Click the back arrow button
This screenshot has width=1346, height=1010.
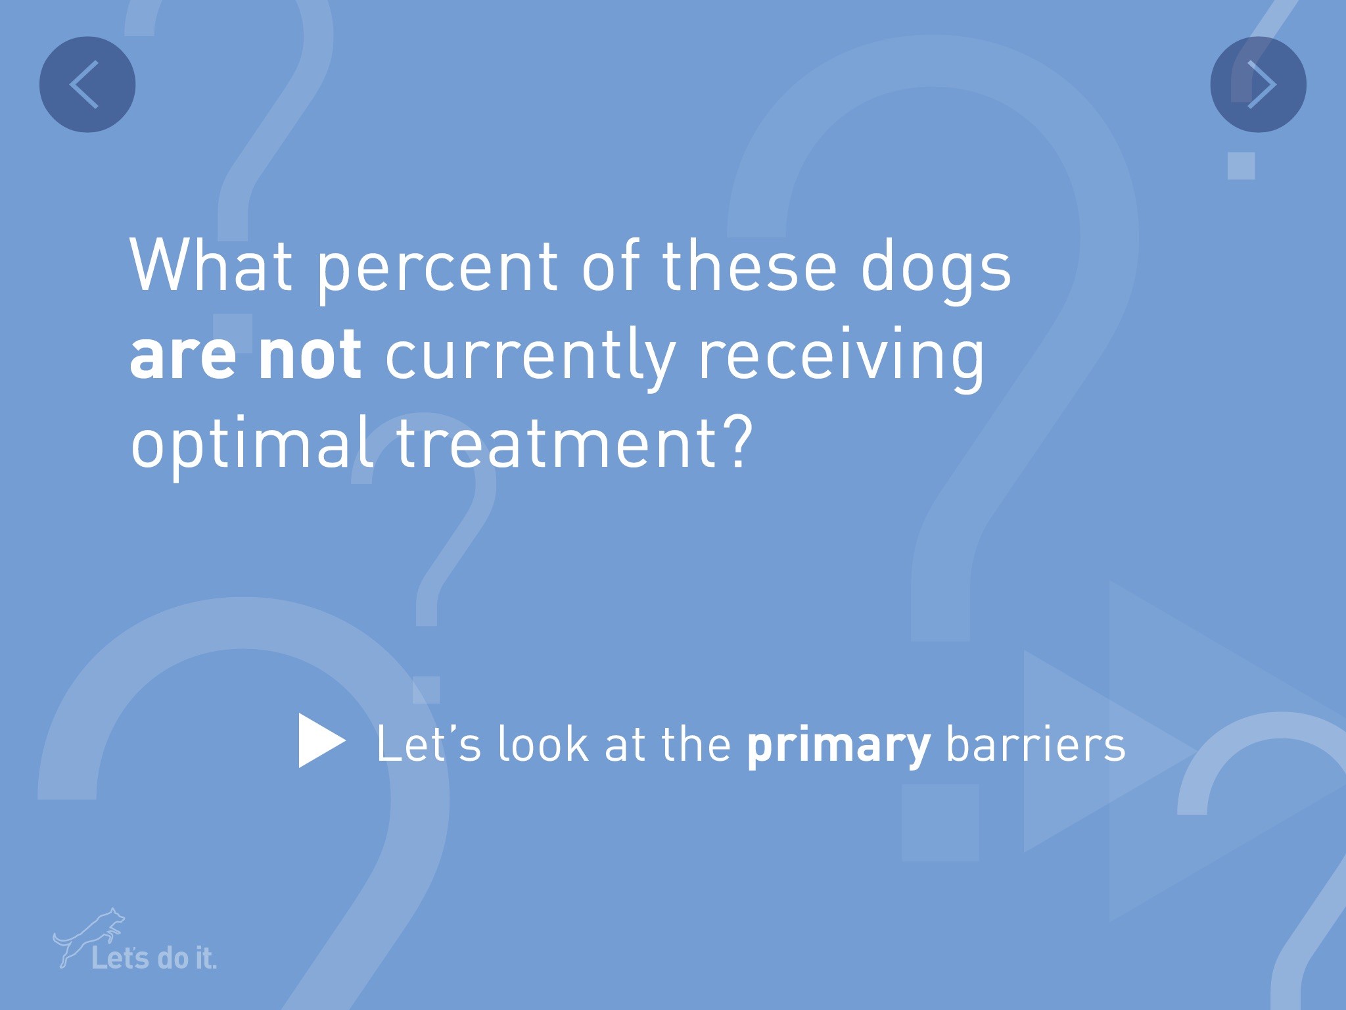(87, 84)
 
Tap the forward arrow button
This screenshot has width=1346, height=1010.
(1259, 84)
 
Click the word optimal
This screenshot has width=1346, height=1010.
(252, 443)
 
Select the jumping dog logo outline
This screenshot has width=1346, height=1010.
(89, 937)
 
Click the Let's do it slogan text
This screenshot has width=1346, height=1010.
(154, 958)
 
